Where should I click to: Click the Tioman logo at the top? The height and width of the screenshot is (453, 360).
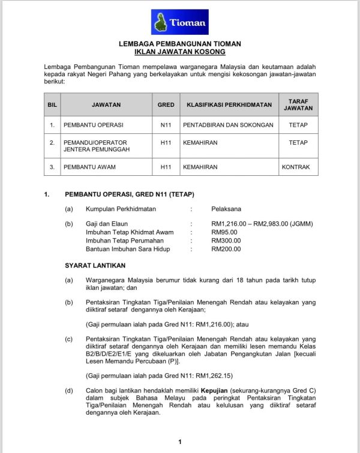click(x=179, y=22)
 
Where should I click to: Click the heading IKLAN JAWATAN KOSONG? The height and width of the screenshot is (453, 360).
click(x=179, y=52)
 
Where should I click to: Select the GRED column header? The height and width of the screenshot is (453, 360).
click(x=166, y=104)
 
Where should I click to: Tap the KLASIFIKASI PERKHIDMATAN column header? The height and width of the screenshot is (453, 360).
click(x=229, y=104)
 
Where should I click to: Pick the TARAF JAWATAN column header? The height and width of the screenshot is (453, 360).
click(x=298, y=104)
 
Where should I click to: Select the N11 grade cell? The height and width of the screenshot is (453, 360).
click(x=166, y=125)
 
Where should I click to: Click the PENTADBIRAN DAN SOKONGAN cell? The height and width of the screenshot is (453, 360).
click(x=229, y=125)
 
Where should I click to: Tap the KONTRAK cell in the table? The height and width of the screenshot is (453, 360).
click(x=296, y=167)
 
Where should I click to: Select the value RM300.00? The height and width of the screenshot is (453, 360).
click(x=227, y=241)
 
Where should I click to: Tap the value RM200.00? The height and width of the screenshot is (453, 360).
click(x=227, y=249)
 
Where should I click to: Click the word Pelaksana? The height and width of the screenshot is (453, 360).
click(x=226, y=209)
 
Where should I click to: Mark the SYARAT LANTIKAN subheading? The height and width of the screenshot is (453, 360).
click(x=95, y=265)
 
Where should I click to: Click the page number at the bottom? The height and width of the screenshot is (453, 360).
click(x=180, y=442)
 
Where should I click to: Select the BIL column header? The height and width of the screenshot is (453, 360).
click(x=52, y=104)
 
